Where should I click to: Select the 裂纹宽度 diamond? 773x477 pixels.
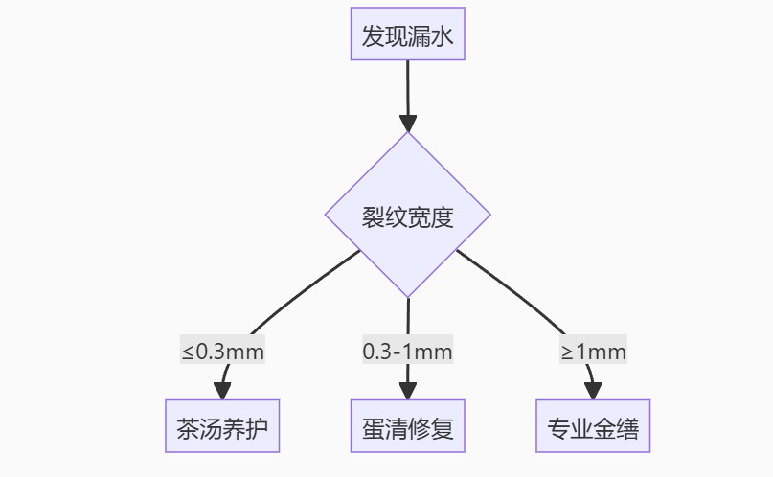[x=407, y=216]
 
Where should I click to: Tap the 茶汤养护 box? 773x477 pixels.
[x=222, y=426]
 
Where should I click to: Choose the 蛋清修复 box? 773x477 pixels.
[x=407, y=426]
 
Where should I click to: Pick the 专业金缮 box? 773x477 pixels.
[x=593, y=426]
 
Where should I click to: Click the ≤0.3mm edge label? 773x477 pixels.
[x=222, y=352]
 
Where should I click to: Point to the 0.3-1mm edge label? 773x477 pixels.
[x=407, y=352]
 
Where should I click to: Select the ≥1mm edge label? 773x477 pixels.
[x=593, y=352]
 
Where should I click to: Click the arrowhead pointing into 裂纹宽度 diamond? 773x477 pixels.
[x=408, y=124]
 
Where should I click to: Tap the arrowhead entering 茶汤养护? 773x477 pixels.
[x=222, y=391]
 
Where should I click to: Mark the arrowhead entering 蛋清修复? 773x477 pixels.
[x=407, y=391]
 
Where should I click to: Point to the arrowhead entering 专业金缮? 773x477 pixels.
[x=593, y=391]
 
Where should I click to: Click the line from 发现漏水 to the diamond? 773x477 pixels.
[x=408, y=86]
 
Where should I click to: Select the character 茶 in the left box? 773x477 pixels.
[x=186, y=427]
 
